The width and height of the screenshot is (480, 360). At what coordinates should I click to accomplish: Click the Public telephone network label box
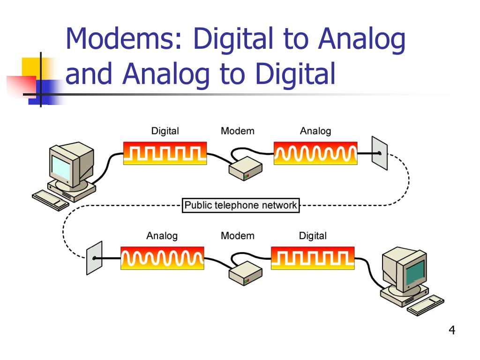[x=240, y=205]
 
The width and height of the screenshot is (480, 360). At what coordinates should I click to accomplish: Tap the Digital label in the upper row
[x=165, y=131]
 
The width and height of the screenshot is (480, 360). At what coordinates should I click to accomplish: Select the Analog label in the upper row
[x=315, y=131]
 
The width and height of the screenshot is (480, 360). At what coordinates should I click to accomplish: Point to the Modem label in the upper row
[x=238, y=131]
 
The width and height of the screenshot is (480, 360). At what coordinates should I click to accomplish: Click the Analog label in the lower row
[x=162, y=236]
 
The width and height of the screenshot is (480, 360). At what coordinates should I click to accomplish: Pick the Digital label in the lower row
[x=313, y=236]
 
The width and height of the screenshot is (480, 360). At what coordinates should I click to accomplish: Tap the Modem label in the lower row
[x=238, y=236]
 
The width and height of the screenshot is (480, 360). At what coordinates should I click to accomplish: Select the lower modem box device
[x=245, y=273]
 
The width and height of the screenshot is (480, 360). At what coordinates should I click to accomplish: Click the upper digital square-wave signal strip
[x=165, y=153]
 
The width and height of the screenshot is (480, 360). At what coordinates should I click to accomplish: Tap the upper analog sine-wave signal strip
[x=315, y=153]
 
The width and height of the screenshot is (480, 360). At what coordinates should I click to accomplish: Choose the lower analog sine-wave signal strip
[x=162, y=258]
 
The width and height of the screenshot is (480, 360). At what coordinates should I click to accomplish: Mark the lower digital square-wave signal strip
[x=313, y=258]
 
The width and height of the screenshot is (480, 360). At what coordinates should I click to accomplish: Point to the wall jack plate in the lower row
[x=94, y=258]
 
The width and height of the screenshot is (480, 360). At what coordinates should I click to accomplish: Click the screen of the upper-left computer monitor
[x=61, y=167]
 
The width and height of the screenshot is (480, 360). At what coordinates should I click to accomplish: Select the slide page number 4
[x=452, y=330]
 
